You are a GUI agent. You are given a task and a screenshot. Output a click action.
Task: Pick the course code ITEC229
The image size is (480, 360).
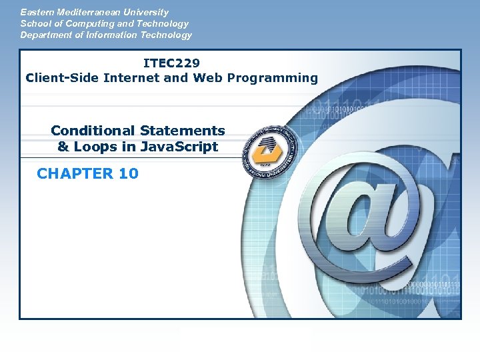click(x=171, y=63)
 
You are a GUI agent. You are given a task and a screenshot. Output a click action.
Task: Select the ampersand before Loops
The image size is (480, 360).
click(x=63, y=147)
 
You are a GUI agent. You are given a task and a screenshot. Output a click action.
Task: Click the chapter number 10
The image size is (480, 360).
click(x=128, y=174)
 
